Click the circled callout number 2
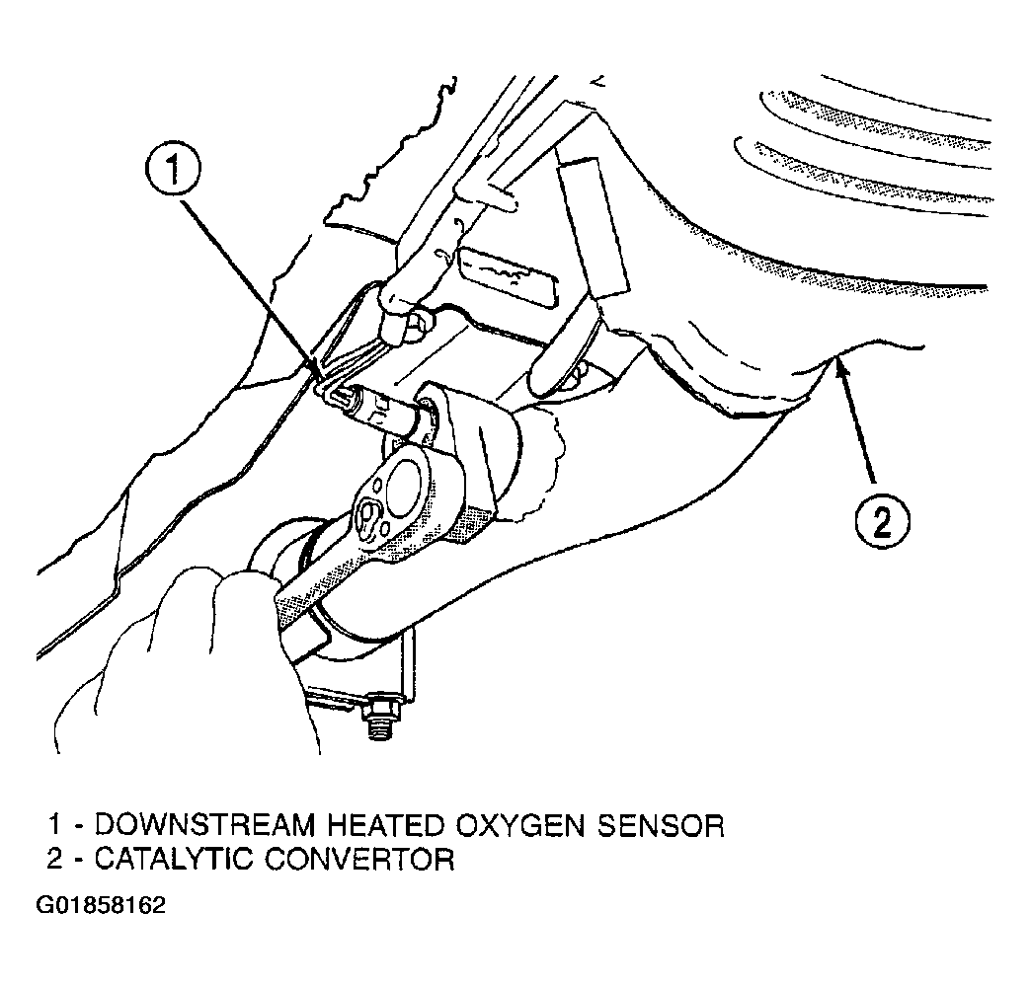point(882,519)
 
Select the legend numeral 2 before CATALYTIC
point(52,859)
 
